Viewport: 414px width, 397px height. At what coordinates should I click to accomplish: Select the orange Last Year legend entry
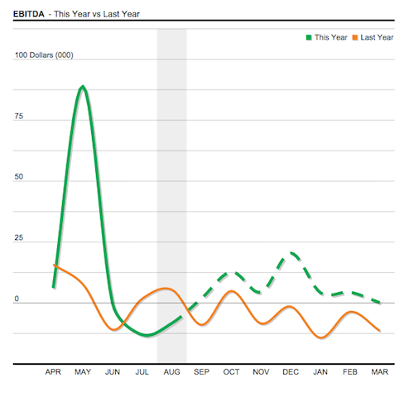tap(373, 37)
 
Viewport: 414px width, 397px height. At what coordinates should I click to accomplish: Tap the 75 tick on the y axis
tap(19, 117)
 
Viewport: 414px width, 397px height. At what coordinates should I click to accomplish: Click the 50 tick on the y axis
tap(19, 178)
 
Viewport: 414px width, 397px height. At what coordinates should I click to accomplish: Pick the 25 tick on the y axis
tap(19, 239)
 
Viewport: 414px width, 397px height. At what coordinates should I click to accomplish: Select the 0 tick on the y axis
tap(17, 299)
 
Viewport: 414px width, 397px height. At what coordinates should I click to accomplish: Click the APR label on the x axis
tap(53, 373)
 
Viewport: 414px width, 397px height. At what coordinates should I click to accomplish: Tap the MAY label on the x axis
tap(83, 373)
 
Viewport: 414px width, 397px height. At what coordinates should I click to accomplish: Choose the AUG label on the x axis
tap(171, 373)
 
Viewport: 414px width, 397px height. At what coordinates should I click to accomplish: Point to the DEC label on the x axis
tap(290, 373)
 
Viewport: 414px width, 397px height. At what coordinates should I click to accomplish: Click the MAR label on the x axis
tap(379, 373)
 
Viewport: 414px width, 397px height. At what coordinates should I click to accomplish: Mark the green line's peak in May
tap(83, 86)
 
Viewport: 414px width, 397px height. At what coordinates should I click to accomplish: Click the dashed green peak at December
tap(291, 254)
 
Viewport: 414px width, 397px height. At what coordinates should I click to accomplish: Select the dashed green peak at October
tap(232, 272)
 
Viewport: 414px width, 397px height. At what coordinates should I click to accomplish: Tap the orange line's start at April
tap(54, 265)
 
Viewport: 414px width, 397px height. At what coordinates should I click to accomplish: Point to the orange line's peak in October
tap(231, 291)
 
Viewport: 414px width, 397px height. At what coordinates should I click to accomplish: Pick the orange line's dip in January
tap(320, 337)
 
